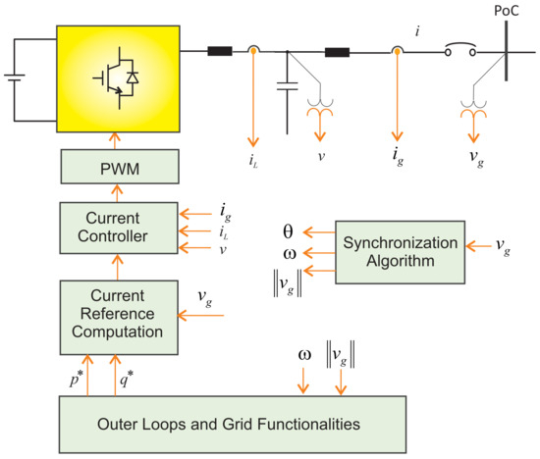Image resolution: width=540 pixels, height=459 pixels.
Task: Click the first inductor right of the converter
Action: click(x=219, y=48)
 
